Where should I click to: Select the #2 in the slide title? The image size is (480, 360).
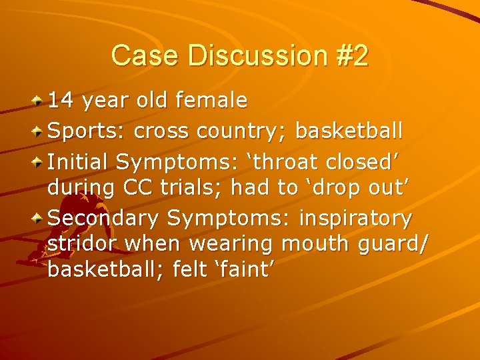click(351, 56)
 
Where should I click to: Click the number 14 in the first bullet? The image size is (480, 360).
click(61, 101)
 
